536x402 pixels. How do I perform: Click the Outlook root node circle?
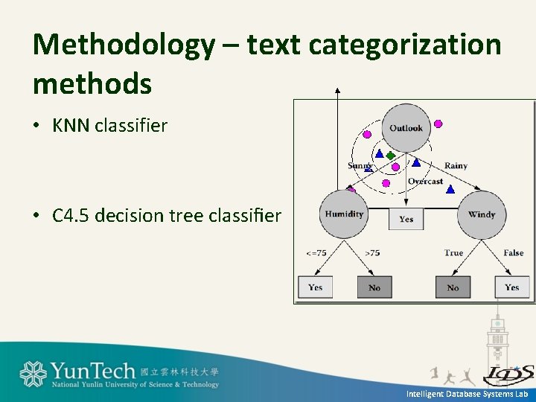406,128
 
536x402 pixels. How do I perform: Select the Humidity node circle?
344,214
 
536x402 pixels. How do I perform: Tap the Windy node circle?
482,214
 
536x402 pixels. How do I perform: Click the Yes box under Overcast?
406,219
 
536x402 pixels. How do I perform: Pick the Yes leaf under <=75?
316,287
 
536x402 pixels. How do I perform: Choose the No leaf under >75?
374,287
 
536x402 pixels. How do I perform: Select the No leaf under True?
453,287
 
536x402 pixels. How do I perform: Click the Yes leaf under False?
511,287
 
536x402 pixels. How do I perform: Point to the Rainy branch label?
456,165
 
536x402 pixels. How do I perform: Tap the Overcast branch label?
425,182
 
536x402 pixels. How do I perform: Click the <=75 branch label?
316,253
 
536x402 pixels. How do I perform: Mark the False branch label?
513,253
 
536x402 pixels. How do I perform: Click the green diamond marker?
390,156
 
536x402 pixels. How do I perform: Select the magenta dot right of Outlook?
438,124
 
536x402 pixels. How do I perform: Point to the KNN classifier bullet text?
109,125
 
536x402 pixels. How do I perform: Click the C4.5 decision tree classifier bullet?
167,216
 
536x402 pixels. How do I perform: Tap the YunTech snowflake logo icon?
33,374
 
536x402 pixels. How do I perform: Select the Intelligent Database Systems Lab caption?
467,394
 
